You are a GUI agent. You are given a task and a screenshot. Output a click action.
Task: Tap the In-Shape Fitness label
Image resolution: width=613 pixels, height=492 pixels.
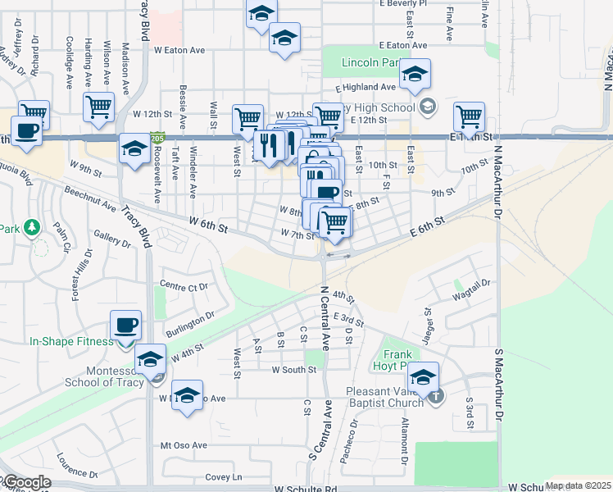pos(71,341)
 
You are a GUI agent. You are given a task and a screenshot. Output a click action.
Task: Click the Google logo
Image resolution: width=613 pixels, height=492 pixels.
pos(26,483)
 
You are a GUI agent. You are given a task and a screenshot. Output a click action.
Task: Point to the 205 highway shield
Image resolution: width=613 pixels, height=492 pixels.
pos(158,138)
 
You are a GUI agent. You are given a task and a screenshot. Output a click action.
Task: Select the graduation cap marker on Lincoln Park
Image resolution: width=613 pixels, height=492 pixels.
pos(415,75)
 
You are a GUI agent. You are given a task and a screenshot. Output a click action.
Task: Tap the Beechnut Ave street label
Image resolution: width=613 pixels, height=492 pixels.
pos(91,204)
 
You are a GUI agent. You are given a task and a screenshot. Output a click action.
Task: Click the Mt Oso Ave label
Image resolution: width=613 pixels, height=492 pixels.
pos(184,445)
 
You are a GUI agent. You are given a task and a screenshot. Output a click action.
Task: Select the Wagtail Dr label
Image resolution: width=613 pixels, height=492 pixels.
pos(471,288)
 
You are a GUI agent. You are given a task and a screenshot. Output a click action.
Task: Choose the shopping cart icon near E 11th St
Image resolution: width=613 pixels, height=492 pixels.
pos(469,116)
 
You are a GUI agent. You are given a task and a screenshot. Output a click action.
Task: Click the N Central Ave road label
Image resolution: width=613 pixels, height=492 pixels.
pos(325,318)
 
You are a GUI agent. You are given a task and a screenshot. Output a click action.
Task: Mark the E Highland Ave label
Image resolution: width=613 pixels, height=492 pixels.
pos(366,87)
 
